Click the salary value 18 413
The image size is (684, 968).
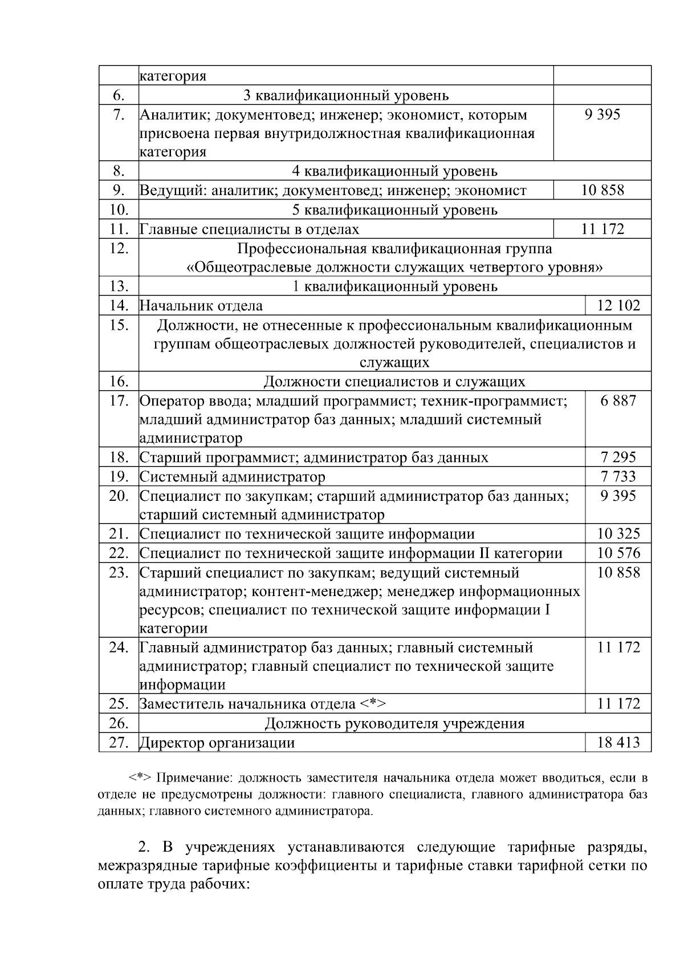point(618,743)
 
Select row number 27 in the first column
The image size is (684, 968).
point(119,743)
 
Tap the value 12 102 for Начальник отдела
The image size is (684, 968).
point(618,306)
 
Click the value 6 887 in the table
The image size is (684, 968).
point(618,401)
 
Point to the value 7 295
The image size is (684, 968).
point(618,457)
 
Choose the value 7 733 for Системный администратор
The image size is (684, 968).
point(618,477)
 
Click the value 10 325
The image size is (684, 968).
point(618,534)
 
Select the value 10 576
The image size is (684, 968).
point(618,553)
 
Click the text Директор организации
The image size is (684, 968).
point(217,743)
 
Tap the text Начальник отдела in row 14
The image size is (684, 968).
point(201,306)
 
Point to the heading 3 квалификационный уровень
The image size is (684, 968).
point(346,95)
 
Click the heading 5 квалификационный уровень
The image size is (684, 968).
point(394,210)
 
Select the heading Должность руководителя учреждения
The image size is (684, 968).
point(394,724)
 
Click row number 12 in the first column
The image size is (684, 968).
point(119,249)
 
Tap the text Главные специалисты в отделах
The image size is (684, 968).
point(250,229)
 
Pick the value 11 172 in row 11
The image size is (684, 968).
point(602,229)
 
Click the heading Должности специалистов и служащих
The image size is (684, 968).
point(394,382)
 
